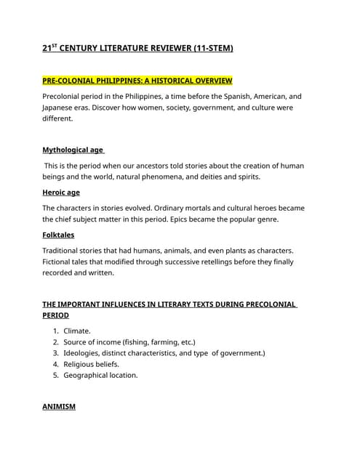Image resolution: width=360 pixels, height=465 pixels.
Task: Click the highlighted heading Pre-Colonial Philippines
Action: click(137, 79)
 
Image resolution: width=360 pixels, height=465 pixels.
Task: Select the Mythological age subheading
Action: click(73, 150)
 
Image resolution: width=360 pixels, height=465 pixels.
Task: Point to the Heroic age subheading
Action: click(61, 193)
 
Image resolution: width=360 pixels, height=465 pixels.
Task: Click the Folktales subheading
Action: click(58, 235)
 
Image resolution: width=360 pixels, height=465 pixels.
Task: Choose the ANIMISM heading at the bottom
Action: click(59, 407)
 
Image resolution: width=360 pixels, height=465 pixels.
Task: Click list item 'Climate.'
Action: click(77, 330)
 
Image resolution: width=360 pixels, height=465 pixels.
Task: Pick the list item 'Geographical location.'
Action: click(100, 375)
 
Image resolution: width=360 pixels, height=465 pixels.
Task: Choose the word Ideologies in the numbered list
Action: click(84, 353)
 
